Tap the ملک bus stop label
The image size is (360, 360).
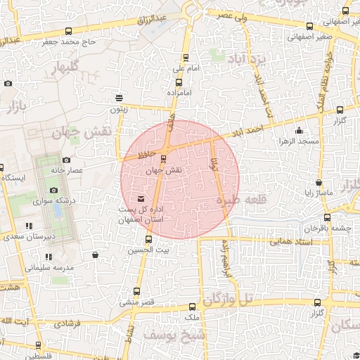[191, 319]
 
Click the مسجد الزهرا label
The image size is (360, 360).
[299, 141]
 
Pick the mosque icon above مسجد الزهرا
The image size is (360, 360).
[299, 130]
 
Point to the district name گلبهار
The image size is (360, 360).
[66, 68]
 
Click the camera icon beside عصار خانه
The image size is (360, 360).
[67, 160]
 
